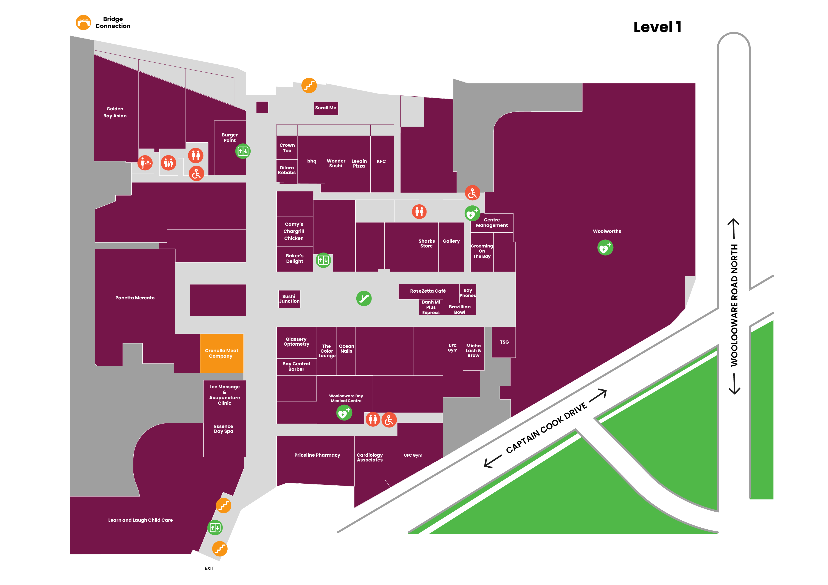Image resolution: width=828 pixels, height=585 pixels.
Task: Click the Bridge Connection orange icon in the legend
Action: point(83,22)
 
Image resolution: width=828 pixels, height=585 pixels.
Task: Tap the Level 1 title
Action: point(657,27)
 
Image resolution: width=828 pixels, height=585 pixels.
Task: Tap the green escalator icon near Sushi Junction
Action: point(364,299)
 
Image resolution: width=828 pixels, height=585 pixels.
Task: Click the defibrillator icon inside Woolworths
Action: point(605,248)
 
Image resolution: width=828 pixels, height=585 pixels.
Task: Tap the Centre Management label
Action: point(492,223)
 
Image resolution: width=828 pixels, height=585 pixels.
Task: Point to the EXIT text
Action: point(209,568)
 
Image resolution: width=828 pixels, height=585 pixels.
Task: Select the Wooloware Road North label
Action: point(734,306)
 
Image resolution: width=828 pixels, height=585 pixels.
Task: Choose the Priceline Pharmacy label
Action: point(317,455)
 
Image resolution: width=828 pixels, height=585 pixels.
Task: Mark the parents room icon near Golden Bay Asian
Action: point(168,163)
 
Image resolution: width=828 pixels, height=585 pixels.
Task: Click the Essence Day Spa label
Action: point(224,429)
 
